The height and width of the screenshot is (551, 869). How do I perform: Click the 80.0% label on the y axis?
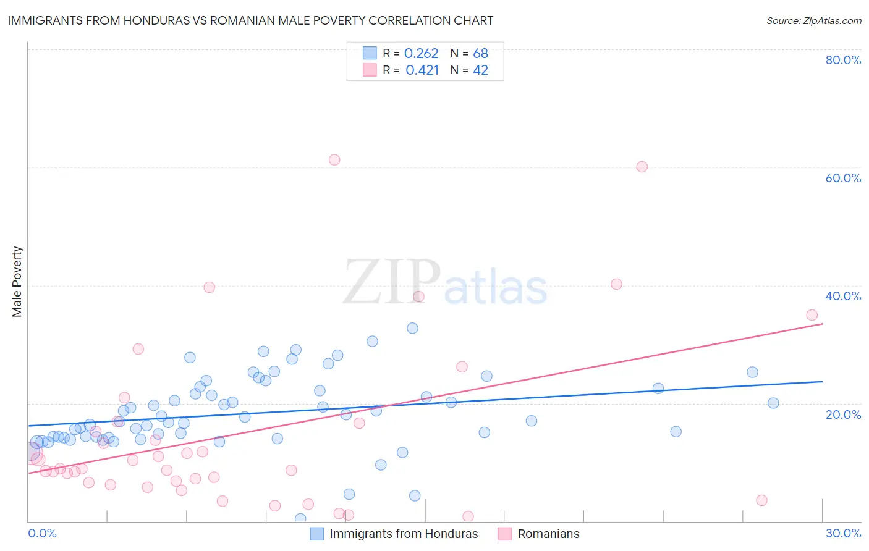[843, 60]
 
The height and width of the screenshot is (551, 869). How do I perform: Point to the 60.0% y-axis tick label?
[843, 178]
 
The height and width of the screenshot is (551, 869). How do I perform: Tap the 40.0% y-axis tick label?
[843, 296]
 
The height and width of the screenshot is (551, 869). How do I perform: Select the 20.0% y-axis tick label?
[843, 414]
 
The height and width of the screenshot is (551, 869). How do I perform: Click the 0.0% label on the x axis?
[42, 533]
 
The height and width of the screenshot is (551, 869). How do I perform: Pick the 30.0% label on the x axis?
[843, 533]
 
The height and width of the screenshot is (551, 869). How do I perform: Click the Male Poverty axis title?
[17, 282]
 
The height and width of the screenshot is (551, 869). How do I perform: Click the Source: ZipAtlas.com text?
[813, 20]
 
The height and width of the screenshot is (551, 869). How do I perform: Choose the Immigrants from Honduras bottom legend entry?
[403, 534]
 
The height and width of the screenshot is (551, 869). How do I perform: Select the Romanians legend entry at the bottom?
[548, 534]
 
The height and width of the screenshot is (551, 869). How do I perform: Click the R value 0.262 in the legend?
[421, 54]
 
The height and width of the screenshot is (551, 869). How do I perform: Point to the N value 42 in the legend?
[480, 70]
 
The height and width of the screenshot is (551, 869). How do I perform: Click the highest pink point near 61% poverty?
[334, 160]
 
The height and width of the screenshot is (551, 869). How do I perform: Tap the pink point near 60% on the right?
[642, 167]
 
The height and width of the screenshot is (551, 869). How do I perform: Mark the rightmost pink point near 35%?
[812, 315]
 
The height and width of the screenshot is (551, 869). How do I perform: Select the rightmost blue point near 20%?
[773, 403]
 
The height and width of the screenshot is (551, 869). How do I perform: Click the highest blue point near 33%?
[412, 328]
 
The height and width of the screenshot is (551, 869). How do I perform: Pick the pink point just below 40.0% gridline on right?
[616, 284]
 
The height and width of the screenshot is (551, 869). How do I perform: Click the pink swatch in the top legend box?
[370, 70]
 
